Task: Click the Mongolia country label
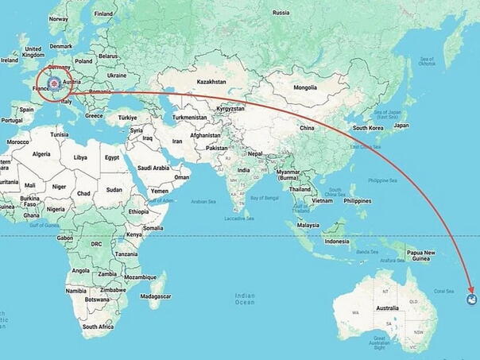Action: click(x=305, y=87)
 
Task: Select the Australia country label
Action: click(x=387, y=308)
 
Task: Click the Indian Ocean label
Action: click(x=246, y=299)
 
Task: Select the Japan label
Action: click(x=401, y=125)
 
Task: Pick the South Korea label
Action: click(x=369, y=128)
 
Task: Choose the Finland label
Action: click(x=103, y=14)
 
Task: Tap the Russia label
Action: click(x=281, y=13)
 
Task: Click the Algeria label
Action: click(x=41, y=154)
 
